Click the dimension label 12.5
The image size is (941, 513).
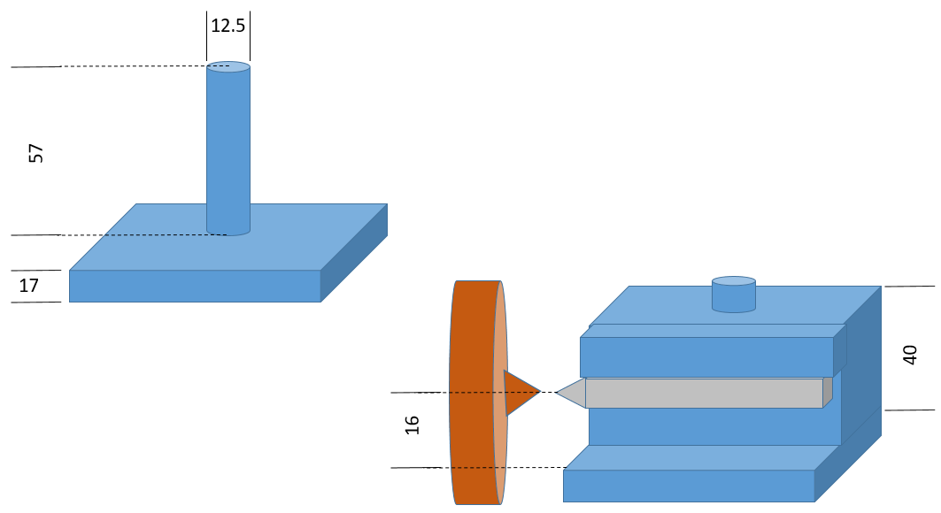click(x=228, y=26)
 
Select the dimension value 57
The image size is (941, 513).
click(x=36, y=152)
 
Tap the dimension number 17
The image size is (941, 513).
click(x=28, y=286)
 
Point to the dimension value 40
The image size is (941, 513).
click(x=910, y=355)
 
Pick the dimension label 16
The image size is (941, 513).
click(x=413, y=425)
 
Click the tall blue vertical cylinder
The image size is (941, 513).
click(x=228, y=150)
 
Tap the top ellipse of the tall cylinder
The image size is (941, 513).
click(x=228, y=66)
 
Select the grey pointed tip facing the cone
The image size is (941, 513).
click(x=573, y=392)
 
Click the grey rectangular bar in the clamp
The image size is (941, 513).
click(x=704, y=393)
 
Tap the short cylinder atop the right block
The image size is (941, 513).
click(x=734, y=296)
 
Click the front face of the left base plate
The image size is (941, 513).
click(x=195, y=287)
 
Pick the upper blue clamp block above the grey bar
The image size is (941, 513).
click(x=706, y=357)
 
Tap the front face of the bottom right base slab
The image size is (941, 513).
click(x=689, y=486)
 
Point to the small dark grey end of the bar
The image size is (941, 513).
click(x=828, y=392)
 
